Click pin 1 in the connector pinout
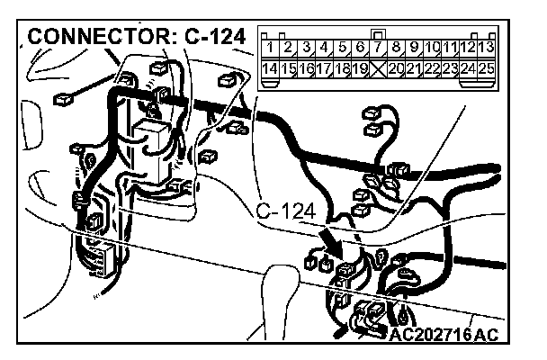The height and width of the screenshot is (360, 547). (269, 47)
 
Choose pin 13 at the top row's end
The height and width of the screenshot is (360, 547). (487, 47)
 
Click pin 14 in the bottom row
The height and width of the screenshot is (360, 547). (269, 68)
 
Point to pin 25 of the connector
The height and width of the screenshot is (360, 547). (487, 68)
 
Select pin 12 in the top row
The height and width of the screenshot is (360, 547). (468, 47)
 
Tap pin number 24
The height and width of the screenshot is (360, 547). (468, 68)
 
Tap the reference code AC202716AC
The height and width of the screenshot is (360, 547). (444, 335)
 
